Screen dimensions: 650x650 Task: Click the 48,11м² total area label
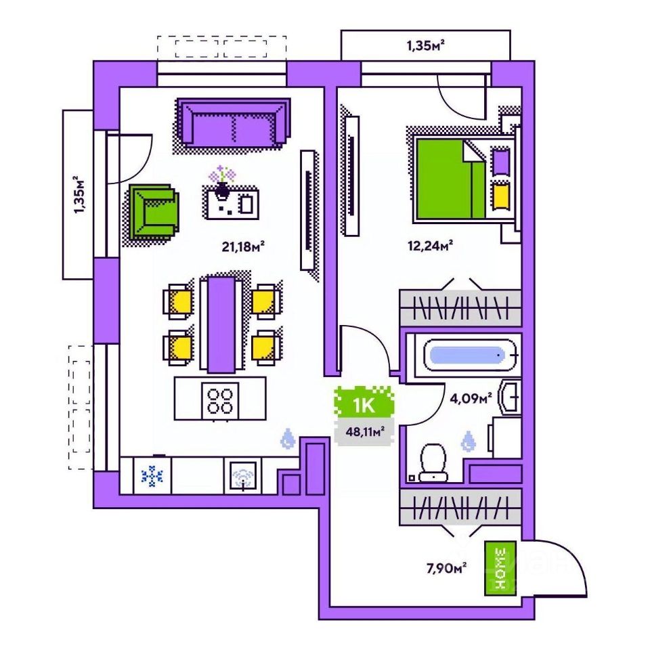tap(365, 431)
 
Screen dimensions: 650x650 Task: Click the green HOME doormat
tap(500, 567)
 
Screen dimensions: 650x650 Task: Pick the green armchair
tap(154, 212)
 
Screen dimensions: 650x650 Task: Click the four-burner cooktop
tap(221, 399)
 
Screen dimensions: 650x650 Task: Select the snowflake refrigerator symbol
tap(152, 476)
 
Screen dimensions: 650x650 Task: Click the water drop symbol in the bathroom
tap(468, 442)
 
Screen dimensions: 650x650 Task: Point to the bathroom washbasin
tap(510, 397)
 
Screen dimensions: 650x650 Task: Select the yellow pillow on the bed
tap(500, 196)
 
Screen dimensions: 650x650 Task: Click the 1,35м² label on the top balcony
tap(425, 46)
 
